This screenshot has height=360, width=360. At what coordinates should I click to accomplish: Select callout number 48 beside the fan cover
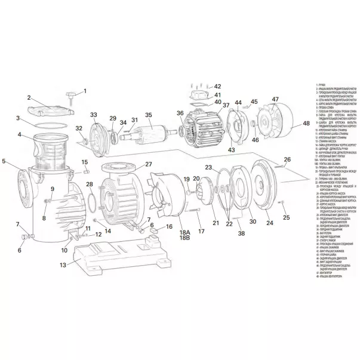tap(306, 124)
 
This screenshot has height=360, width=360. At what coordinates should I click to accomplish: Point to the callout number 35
tap(149, 115)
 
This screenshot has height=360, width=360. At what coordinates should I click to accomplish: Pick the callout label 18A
tap(184, 232)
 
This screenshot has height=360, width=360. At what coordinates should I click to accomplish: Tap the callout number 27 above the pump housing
tap(149, 164)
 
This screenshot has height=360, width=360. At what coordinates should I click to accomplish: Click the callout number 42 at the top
tap(217, 87)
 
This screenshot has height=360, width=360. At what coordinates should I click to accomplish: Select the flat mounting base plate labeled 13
tap(113, 259)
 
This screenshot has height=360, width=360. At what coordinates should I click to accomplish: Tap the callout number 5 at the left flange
tap(4, 161)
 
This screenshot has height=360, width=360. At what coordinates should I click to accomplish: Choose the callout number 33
tap(93, 114)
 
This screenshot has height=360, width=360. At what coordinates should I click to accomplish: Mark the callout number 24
tap(269, 223)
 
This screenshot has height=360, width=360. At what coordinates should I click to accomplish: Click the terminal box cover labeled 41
tap(199, 96)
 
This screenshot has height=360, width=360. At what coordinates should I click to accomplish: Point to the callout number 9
tap(53, 189)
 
